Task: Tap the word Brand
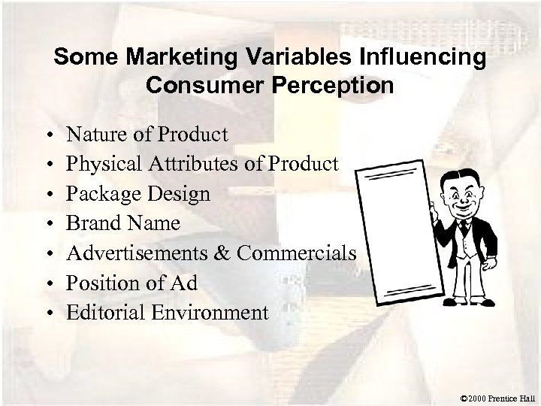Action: (x=92, y=223)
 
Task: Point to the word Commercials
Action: (x=296, y=253)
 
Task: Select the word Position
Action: (x=99, y=282)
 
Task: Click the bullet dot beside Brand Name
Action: (x=48, y=224)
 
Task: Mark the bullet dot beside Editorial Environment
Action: (x=48, y=312)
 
